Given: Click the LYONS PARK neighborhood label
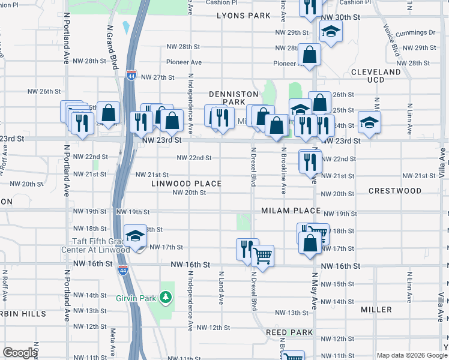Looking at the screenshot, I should [x=244, y=16].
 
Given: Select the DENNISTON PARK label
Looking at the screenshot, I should [x=234, y=98].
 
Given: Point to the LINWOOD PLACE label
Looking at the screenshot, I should [x=186, y=184].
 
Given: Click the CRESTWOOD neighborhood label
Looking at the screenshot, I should [x=395, y=191].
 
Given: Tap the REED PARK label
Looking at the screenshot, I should [x=289, y=332].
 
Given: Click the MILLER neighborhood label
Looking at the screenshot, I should [x=376, y=310].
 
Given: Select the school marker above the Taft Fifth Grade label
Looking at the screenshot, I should [x=136, y=235].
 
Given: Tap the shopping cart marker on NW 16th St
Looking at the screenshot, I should [x=263, y=256].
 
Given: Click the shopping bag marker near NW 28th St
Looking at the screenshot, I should [x=310, y=55].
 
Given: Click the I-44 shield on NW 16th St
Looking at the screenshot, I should [x=122, y=271].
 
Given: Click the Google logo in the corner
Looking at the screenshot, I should [x=19, y=353].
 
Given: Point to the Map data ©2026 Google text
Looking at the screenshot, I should [x=411, y=355].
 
